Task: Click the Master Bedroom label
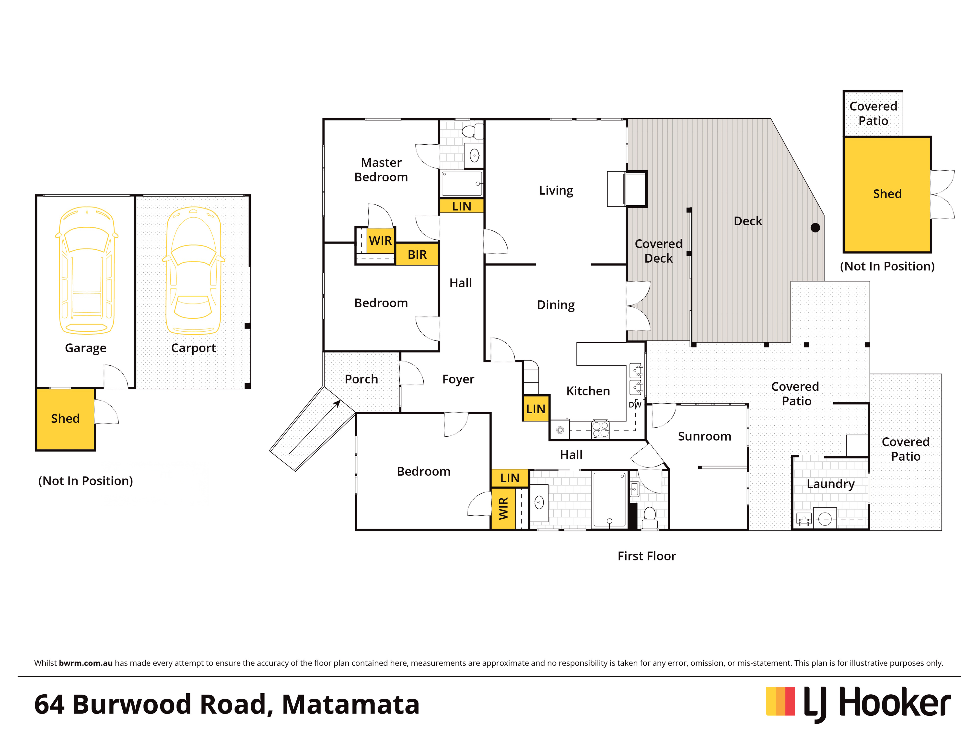click(x=381, y=170)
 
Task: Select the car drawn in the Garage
click(x=87, y=270)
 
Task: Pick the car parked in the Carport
click(x=193, y=270)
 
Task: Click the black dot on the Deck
click(x=815, y=228)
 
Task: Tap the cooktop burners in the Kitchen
click(x=600, y=430)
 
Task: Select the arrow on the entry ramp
click(x=315, y=427)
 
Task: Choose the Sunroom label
click(x=705, y=436)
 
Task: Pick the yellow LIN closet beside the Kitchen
click(x=536, y=408)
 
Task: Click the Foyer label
click(x=458, y=379)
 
